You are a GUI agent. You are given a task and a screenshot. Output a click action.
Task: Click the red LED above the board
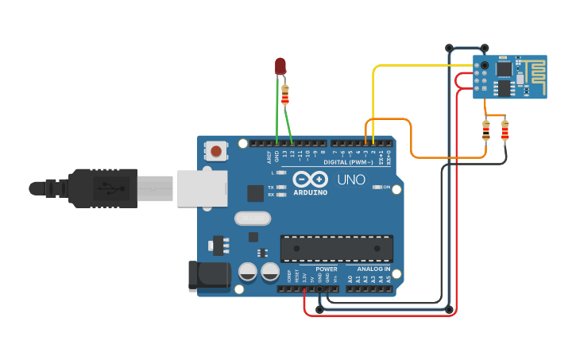pyautogui.click(x=280, y=66)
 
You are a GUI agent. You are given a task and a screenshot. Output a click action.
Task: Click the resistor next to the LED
pyautogui.click(x=286, y=95)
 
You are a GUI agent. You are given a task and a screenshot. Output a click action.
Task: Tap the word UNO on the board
pyautogui.click(x=351, y=180)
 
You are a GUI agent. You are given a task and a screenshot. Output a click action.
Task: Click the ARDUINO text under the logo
pyautogui.click(x=310, y=192)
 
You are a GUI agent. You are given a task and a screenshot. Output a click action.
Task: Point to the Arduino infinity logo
pyautogui.click(x=310, y=178)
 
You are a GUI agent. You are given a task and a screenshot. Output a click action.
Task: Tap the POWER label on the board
pyautogui.click(x=327, y=269)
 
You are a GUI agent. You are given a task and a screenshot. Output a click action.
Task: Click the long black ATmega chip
pyautogui.click(x=336, y=248)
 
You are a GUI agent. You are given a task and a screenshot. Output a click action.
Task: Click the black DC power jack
pyautogui.click(x=208, y=276)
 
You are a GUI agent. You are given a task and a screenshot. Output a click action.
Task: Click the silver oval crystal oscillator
pyautogui.click(x=253, y=217)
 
